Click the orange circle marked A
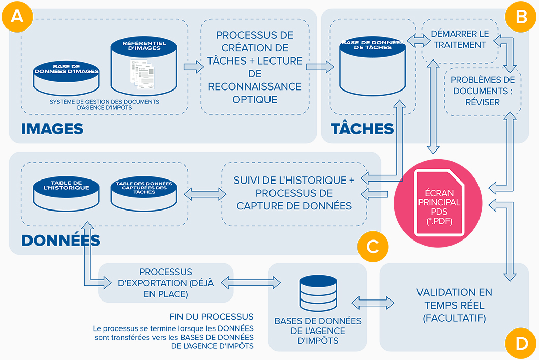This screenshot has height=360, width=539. [x=17, y=17]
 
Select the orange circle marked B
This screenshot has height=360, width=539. [x=521, y=17]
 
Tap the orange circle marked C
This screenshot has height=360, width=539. [x=372, y=247]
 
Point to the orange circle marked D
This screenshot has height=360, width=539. [x=521, y=343]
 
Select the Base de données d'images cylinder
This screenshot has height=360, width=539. [x=66, y=78]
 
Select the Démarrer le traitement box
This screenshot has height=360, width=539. [x=460, y=39]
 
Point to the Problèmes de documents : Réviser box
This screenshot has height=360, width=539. [x=483, y=91]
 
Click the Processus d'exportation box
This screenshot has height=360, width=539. [x=166, y=283]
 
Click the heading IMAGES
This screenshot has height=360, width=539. [x=52, y=129]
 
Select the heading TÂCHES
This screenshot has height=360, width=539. [x=362, y=129]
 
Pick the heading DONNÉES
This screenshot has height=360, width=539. [x=61, y=239]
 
